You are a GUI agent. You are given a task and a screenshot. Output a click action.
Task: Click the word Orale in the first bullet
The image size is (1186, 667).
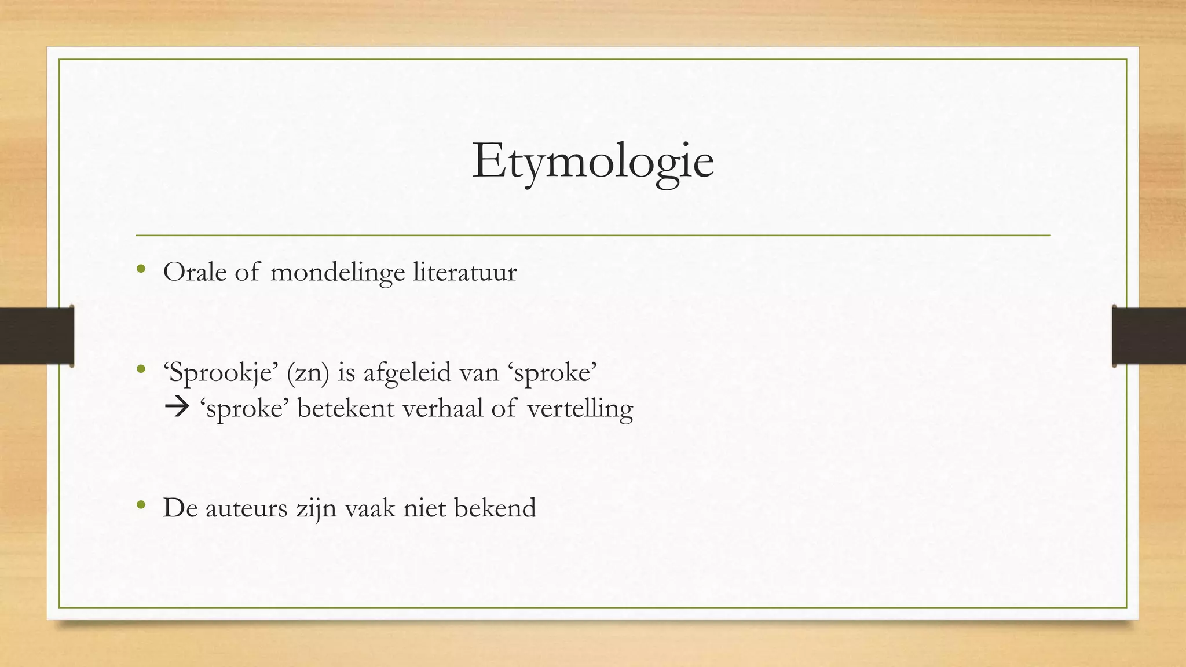tap(195, 272)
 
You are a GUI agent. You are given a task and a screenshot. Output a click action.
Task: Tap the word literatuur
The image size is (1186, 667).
tap(464, 272)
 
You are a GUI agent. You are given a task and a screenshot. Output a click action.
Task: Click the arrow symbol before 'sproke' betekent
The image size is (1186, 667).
tap(177, 408)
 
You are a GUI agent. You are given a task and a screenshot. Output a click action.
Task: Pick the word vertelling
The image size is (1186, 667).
tap(580, 409)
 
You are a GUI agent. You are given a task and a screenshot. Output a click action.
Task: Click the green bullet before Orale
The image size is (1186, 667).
tap(141, 269)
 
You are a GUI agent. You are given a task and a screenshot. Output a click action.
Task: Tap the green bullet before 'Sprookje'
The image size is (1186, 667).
tap(141, 369)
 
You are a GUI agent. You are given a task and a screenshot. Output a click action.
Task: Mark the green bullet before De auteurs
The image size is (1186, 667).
tap(141, 505)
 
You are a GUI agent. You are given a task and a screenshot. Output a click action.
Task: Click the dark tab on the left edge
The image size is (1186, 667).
tap(36, 336)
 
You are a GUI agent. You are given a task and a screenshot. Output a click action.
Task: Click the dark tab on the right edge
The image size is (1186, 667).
tap(1149, 336)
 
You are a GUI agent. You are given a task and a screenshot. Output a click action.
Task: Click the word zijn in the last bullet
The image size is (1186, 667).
tap(316, 508)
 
